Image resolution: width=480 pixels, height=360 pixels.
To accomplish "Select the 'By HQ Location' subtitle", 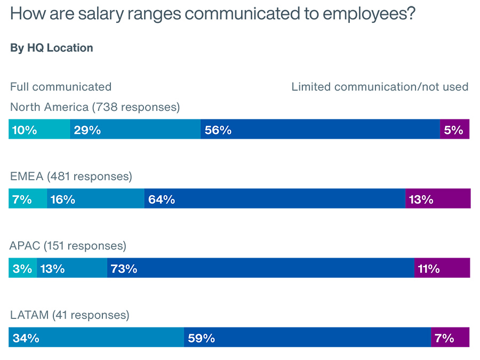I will point(52,48).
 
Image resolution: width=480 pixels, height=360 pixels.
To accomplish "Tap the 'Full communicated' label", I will point(61,87).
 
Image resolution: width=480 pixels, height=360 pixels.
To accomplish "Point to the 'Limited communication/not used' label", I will point(380,87).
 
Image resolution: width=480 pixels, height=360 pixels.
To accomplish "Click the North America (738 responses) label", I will point(95,107).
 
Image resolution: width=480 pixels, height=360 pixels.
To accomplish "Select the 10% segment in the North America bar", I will point(39,130).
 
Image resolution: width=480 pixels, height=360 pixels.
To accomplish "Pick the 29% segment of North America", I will point(135,130).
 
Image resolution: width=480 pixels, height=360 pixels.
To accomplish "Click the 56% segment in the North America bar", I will point(320,130).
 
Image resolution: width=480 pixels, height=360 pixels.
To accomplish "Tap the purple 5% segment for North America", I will point(454,130).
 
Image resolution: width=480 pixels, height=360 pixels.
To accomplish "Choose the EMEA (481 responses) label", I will point(71,177).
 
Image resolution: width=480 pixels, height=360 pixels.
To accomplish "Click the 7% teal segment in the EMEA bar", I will point(28,199).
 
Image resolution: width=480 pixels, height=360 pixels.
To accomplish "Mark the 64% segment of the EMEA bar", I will point(275,199).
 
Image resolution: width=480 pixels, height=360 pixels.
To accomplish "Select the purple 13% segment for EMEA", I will point(438,199).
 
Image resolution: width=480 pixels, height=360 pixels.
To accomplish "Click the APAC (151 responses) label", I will point(68,246).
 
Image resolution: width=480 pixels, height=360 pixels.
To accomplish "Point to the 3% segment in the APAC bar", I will point(22,268).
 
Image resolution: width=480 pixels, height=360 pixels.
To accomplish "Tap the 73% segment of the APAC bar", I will point(261,268).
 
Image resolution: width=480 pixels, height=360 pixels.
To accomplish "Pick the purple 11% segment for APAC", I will point(442,268).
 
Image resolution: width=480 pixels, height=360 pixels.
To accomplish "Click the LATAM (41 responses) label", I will point(70,315).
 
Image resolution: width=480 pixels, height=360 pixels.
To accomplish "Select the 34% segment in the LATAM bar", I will point(96,338).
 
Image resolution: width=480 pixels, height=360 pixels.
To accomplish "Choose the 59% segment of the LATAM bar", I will point(307,338).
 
